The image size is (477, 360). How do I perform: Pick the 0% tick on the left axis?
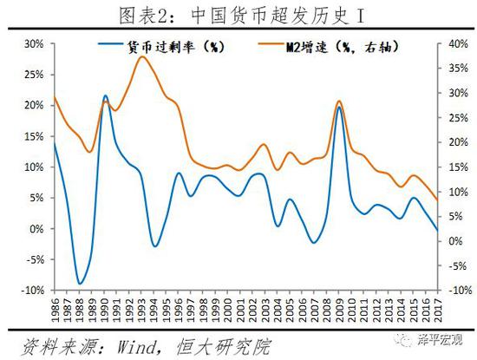[36, 229]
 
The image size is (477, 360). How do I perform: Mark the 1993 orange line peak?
[141, 56]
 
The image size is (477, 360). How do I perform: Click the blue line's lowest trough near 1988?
[80, 284]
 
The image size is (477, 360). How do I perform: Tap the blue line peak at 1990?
[105, 96]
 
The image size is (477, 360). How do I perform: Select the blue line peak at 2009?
[338, 108]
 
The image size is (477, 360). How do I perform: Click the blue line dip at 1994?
[154, 246]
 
